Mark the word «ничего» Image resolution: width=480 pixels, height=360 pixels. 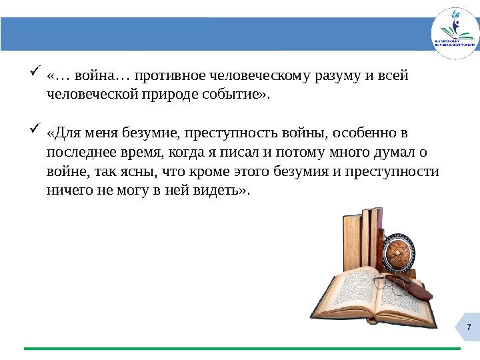(68, 191)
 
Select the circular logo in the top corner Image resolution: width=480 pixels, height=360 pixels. (455, 34)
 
